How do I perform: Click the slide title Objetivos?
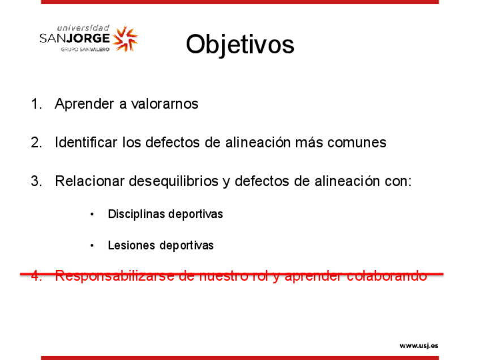click(x=240, y=45)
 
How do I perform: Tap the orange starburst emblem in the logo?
click(x=125, y=38)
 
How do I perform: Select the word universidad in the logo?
click(x=83, y=28)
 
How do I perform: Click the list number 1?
click(x=36, y=104)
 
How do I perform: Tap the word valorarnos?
click(x=165, y=104)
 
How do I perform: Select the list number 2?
click(x=36, y=142)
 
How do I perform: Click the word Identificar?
click(x=86, y=142)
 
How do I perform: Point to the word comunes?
click(x=357, y=143)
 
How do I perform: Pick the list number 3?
click(x=36, y=181)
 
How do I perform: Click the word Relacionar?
click(x=90, y=181)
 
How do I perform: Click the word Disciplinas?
click(x=136, y=214)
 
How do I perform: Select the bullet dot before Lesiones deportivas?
click(x=92, y=246)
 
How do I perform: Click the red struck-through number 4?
click(x=36, y=276)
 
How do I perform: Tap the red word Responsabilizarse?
click(x=115, y=276)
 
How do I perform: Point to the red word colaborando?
click(x=387, y=276)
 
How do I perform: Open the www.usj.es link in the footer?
click(x=419, y=346)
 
